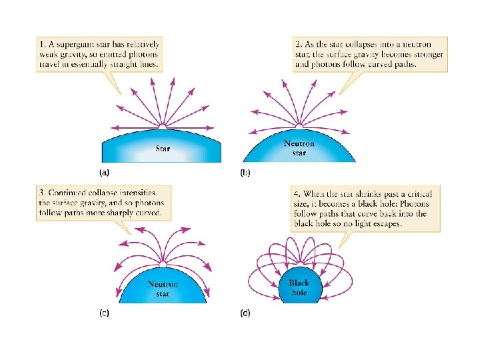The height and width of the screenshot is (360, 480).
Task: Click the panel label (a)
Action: (104, 172)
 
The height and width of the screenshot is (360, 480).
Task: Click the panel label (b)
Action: (245, 172)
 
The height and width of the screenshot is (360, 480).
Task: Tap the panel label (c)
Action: (105, 312)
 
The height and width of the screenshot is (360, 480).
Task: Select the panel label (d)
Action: (245, 313)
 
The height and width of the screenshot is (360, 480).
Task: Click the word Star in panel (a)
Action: (163, 148)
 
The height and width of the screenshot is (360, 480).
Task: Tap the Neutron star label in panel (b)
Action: (299, 148)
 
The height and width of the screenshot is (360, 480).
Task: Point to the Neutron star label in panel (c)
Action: (163, 289)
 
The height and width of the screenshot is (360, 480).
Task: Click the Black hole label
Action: (299, 287)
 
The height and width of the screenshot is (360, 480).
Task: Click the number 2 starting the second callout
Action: (297, 45)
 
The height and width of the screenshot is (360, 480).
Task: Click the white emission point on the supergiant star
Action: (162, 125)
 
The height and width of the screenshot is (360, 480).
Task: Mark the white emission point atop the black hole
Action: (299, 265)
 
